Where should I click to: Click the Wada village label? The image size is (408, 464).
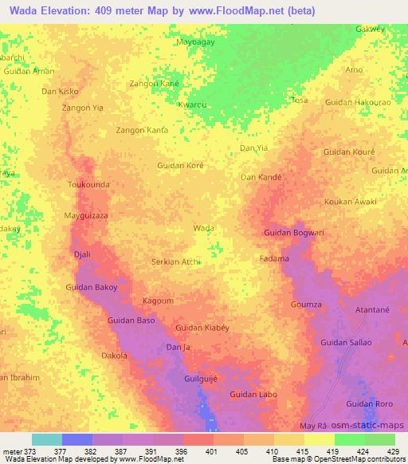pyautogui.click(x=204, y=228)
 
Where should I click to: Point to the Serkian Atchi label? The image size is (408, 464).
pyautogui.click(x=175, y=261)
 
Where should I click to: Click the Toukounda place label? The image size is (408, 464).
pyautogui.click(x=88, y=184)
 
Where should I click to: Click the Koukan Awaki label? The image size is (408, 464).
pyautogui.click(x=351, y=202)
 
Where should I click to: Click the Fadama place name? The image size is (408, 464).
pyautogui.click(x=274, y=259)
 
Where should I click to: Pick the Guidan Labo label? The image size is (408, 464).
pyautogui.click(x=253, y=395)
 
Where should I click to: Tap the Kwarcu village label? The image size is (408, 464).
pyautogui.click(x=192, y=104)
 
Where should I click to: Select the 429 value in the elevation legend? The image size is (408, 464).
pyautogui.click(x=394, y=450)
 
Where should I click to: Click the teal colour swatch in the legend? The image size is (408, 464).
pyautogui.click(x=47, y=439)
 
